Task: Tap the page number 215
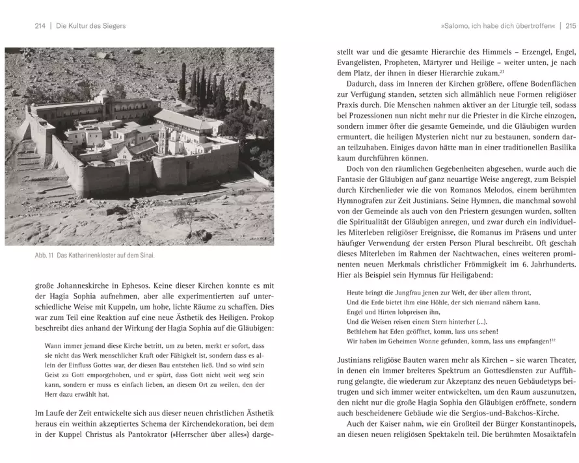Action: (571, 26)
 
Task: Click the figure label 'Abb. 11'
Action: (45, 256)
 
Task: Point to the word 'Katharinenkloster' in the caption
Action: (97, 256)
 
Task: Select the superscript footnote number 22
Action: (553, 339)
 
